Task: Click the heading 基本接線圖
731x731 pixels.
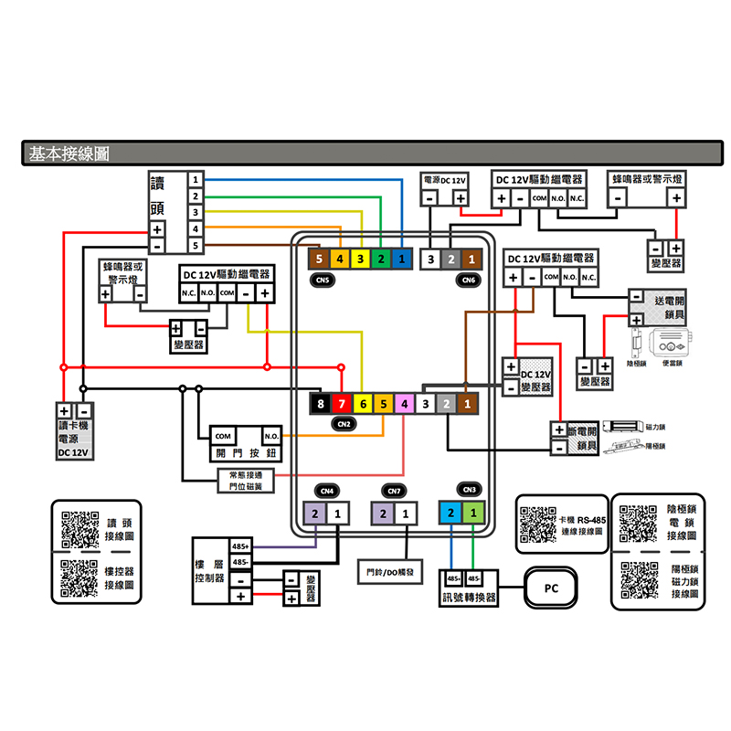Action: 69,154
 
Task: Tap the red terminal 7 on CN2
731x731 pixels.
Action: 340,403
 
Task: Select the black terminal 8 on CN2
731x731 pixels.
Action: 319,403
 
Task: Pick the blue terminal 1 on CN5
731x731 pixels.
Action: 402,260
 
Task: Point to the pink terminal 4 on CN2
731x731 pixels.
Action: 403,403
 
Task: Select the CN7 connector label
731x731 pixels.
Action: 394,491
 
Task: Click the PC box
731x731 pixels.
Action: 550,588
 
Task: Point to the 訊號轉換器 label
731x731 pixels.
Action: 468,598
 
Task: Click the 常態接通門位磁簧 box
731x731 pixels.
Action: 245,481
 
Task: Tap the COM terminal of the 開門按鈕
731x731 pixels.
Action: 225,436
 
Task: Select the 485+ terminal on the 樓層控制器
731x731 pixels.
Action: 240,546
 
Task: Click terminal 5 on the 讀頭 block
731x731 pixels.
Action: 196,246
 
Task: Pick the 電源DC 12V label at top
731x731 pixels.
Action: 446,180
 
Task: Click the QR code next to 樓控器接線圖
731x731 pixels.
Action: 79,577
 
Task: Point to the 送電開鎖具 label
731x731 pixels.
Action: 669,307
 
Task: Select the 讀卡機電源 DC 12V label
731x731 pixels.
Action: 73,439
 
